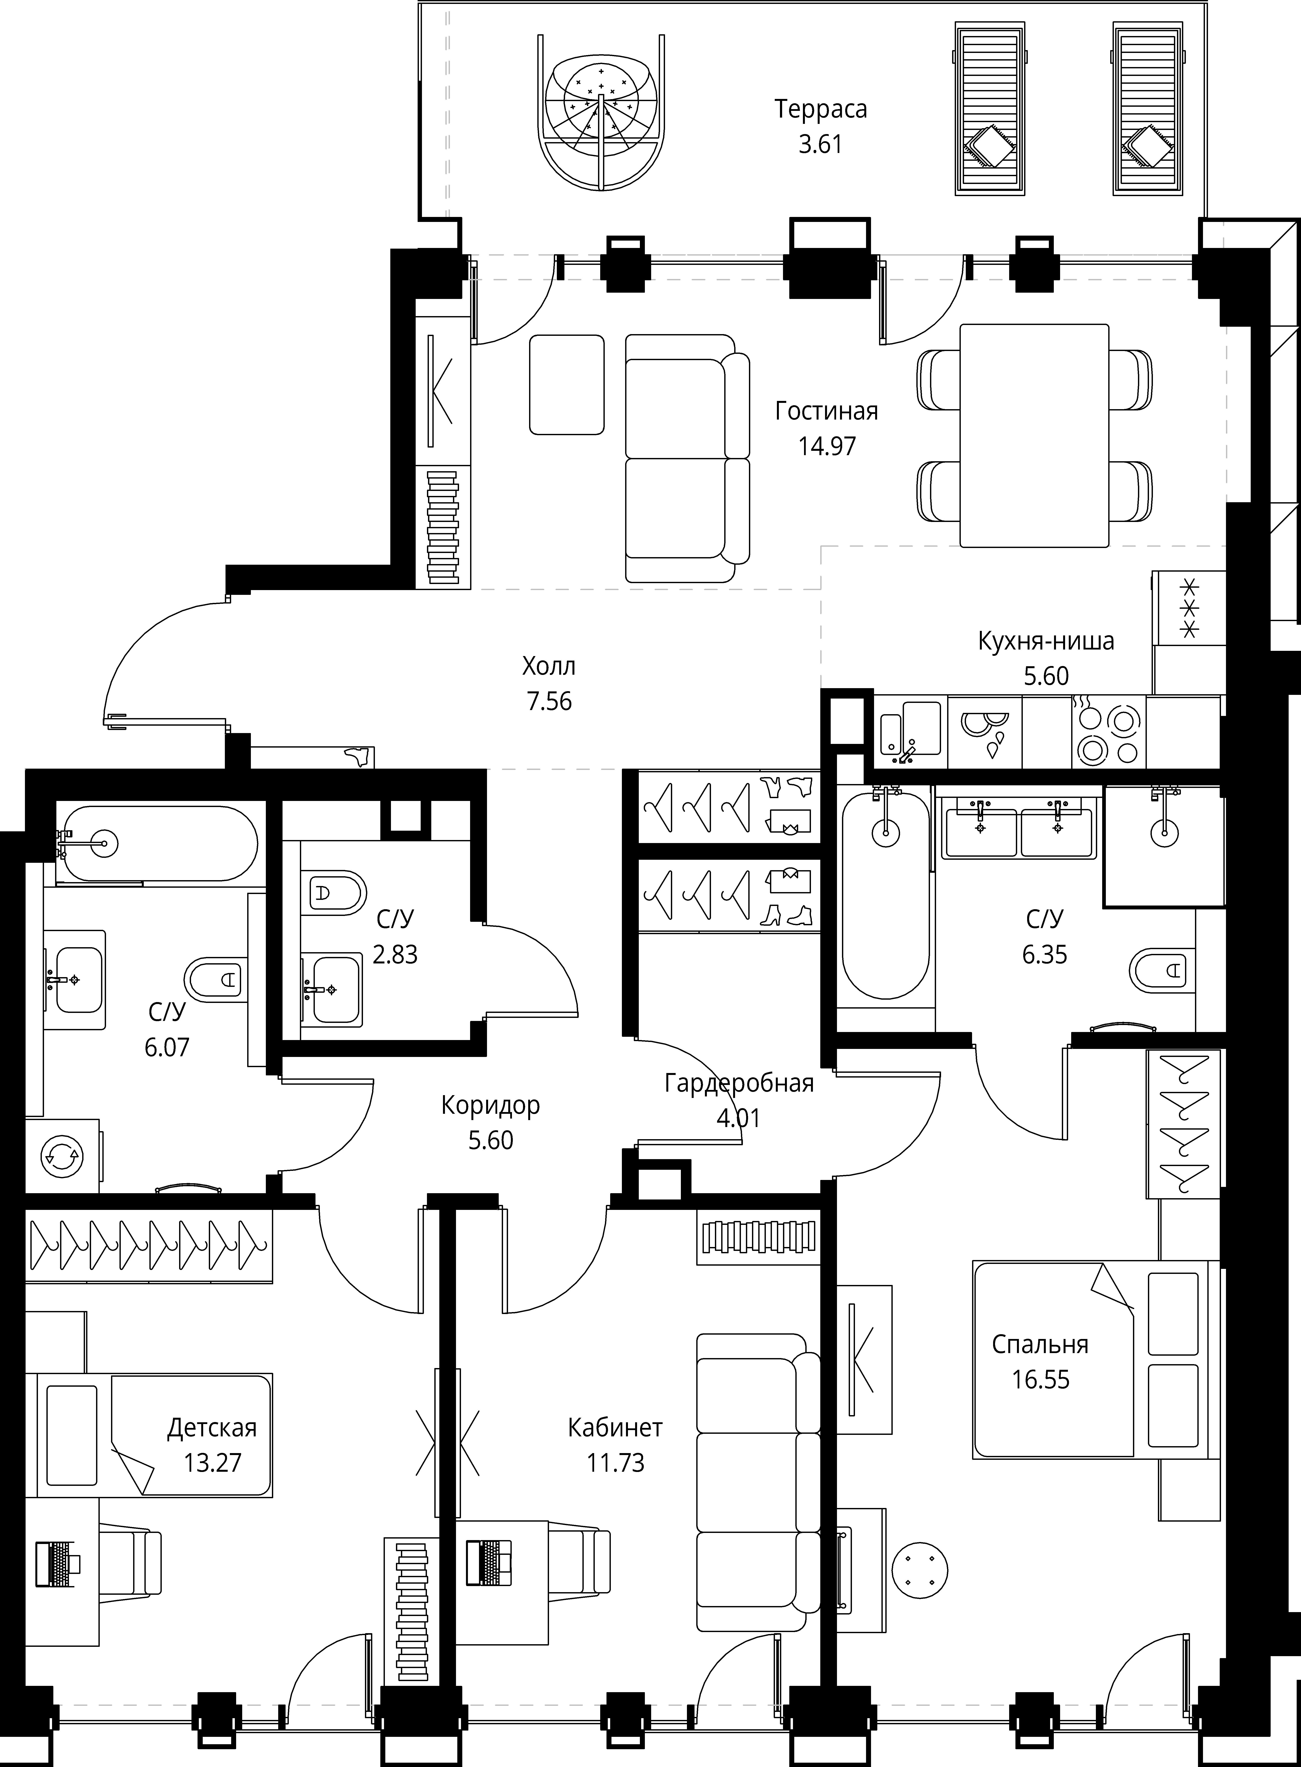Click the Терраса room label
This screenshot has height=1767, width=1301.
(821, 109)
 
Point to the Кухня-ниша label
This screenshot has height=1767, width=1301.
(1046, 641)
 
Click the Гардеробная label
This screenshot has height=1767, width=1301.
(739, 1083)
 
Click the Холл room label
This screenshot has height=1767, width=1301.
(549, 666)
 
